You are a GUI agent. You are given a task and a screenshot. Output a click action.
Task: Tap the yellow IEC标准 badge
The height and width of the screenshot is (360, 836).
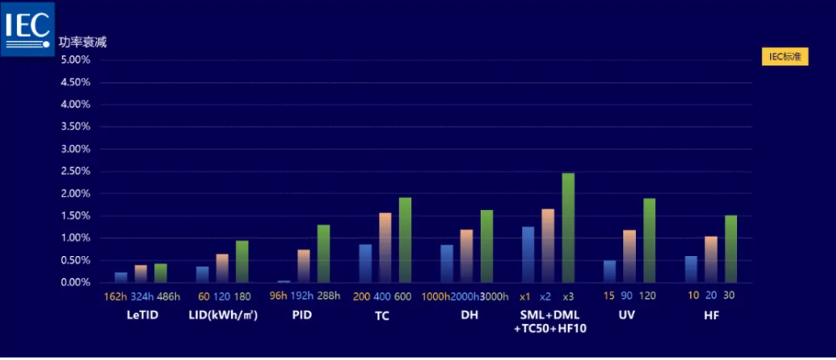click(785, 57)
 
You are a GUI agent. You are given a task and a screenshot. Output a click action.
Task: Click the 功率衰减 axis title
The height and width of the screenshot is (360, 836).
click(83, 42)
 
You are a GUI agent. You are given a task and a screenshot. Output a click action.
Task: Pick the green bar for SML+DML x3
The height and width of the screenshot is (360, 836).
click(568, 228)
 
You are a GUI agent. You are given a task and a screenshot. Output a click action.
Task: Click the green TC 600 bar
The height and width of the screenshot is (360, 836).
click(405, 240)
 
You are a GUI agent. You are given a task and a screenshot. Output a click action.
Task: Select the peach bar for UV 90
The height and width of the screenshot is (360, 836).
click(629, 256)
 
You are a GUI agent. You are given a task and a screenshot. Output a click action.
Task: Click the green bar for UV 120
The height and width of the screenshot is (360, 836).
click(649, 240)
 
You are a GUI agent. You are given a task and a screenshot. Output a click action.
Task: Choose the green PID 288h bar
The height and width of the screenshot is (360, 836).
click(323, 254)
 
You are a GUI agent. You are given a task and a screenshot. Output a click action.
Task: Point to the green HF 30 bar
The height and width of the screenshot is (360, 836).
click(730, 249)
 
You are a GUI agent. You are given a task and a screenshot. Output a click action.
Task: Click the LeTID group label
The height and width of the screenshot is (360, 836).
click(142, 316)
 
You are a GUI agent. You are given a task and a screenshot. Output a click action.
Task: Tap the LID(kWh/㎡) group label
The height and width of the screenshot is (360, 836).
click(223, 316)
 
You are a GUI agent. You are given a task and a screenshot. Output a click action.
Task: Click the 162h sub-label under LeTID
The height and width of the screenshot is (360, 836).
click(114, 296)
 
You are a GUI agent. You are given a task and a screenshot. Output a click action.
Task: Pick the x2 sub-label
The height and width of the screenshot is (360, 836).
click(546, 296)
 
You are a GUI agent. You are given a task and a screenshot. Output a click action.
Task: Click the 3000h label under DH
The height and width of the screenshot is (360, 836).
click(495, 296)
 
